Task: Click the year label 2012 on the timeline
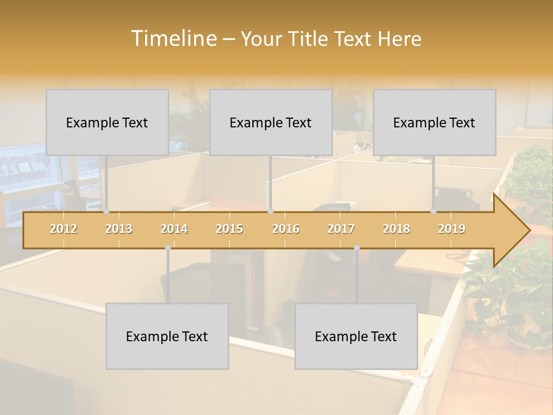(x=63, y=229)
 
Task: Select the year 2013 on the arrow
(x=119, y=229)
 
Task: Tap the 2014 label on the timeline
(x=174, y=229)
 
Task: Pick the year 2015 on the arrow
(x=229, y=229)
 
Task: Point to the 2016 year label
(x=286, y=229)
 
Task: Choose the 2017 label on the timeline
(x=341, y=229)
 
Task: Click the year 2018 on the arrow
(x=396, y=229)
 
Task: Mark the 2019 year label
(x=452, y=229)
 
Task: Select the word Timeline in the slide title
(x=172, y=39)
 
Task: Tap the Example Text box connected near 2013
(x=107, y=122)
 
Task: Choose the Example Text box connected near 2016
(x=271, y=122)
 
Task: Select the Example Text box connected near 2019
(x=434, y=122)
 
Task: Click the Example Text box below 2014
(x=167, y=336)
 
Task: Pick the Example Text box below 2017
(x=356, y=336)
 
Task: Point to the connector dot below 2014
(x=168, y=248)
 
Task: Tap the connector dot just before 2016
(x=270, y=211)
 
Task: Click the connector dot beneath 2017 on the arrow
(x=357, y=248)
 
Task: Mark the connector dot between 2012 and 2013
(x=106, y=211)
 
